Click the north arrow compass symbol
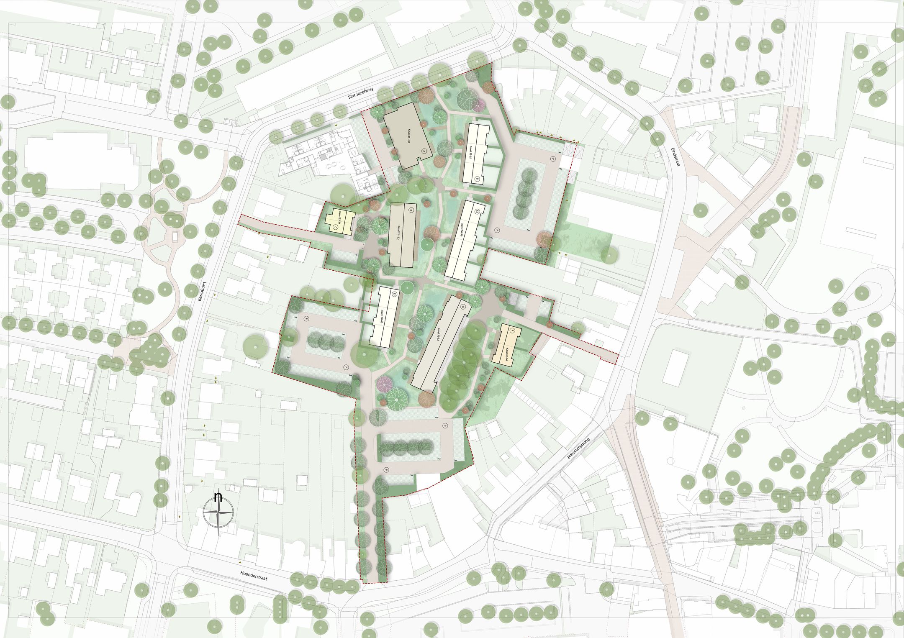coord(218,512)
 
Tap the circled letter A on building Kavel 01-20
coord(424,151)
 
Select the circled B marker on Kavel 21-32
coord(411,210)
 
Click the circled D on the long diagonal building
coord(463,307)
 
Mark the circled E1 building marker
coord(477,179)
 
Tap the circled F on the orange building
coord(511,331)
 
